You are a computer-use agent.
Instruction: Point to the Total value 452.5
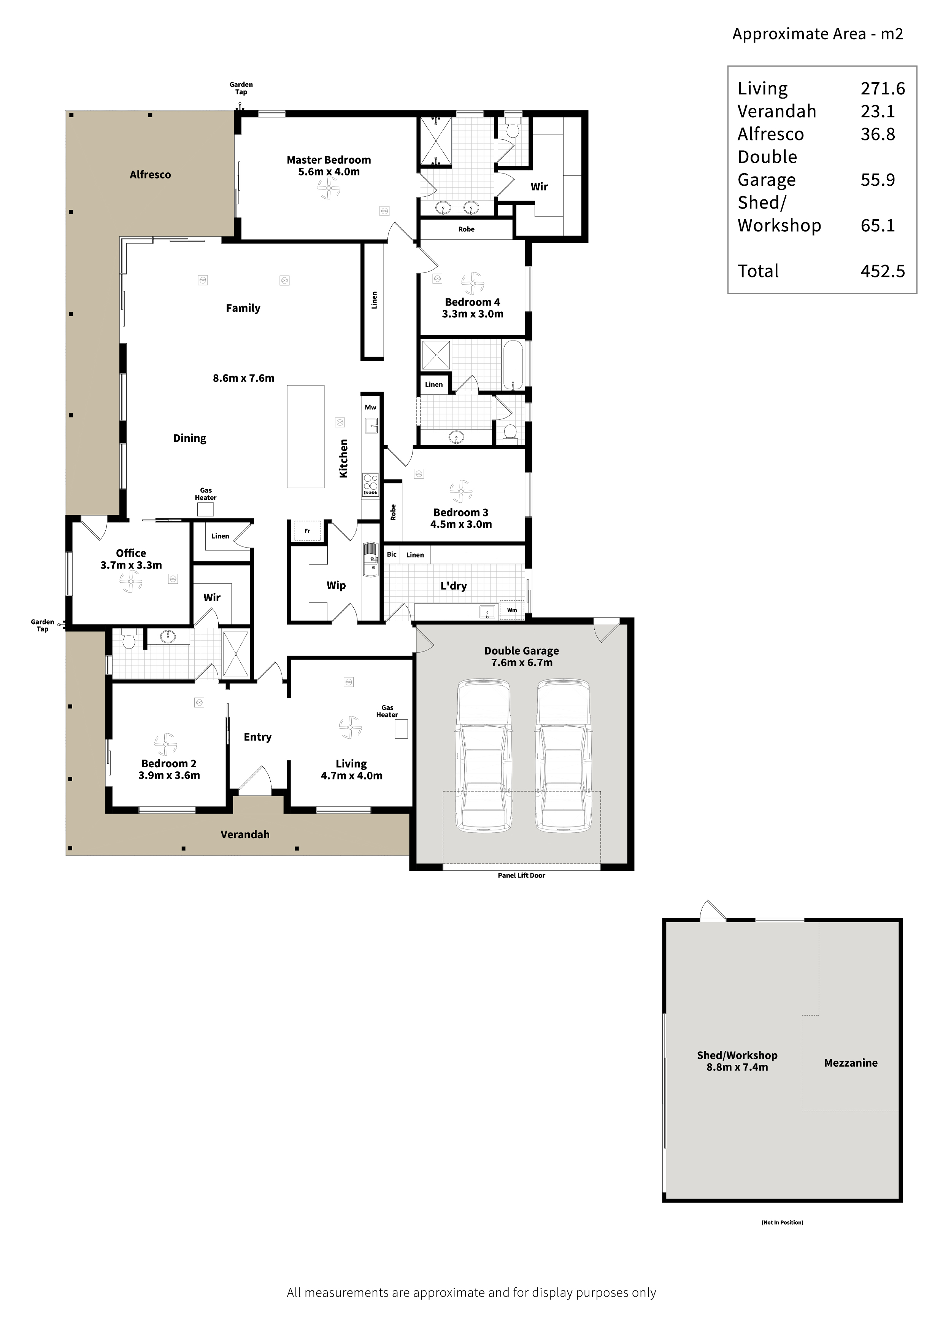(x=883, y=271)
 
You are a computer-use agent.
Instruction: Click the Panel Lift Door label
(x=521, y=875)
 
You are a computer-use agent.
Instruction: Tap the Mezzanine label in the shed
(x=851, y=1063)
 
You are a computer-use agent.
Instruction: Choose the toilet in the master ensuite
(x=512, y=129)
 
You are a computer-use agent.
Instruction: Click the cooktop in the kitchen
(x=370, y=485)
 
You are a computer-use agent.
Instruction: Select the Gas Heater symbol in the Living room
(x=401, y=728)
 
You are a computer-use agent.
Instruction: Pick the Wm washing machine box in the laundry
(x=512, y=610)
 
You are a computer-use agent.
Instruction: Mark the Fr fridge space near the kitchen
(x=307, y=531)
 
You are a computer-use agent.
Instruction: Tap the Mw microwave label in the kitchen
(x=370, y=408)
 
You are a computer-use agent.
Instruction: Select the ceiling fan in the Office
(x=131, y=581)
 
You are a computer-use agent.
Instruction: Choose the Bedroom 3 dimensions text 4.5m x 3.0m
(x=461, y=524)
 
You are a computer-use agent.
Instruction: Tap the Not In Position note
(x=782, y=1222)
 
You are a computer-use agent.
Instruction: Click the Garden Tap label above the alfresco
(x=241, y=88)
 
